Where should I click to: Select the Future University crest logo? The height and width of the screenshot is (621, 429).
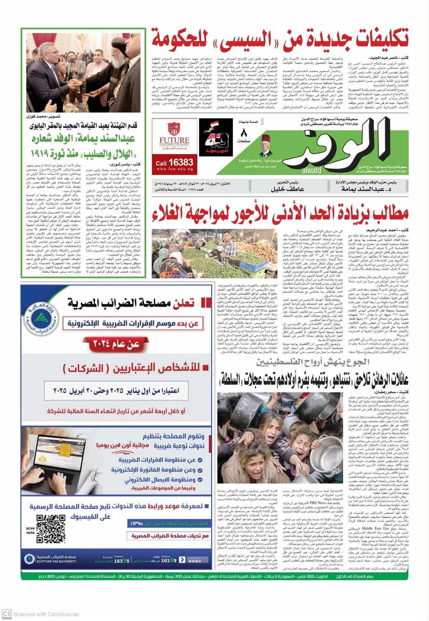174,129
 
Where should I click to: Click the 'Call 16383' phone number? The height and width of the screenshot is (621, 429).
174,162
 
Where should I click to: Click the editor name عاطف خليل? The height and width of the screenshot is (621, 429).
285,189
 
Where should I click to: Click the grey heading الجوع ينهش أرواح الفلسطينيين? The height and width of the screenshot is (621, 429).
313,362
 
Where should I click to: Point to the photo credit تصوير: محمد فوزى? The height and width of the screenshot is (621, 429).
120,116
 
